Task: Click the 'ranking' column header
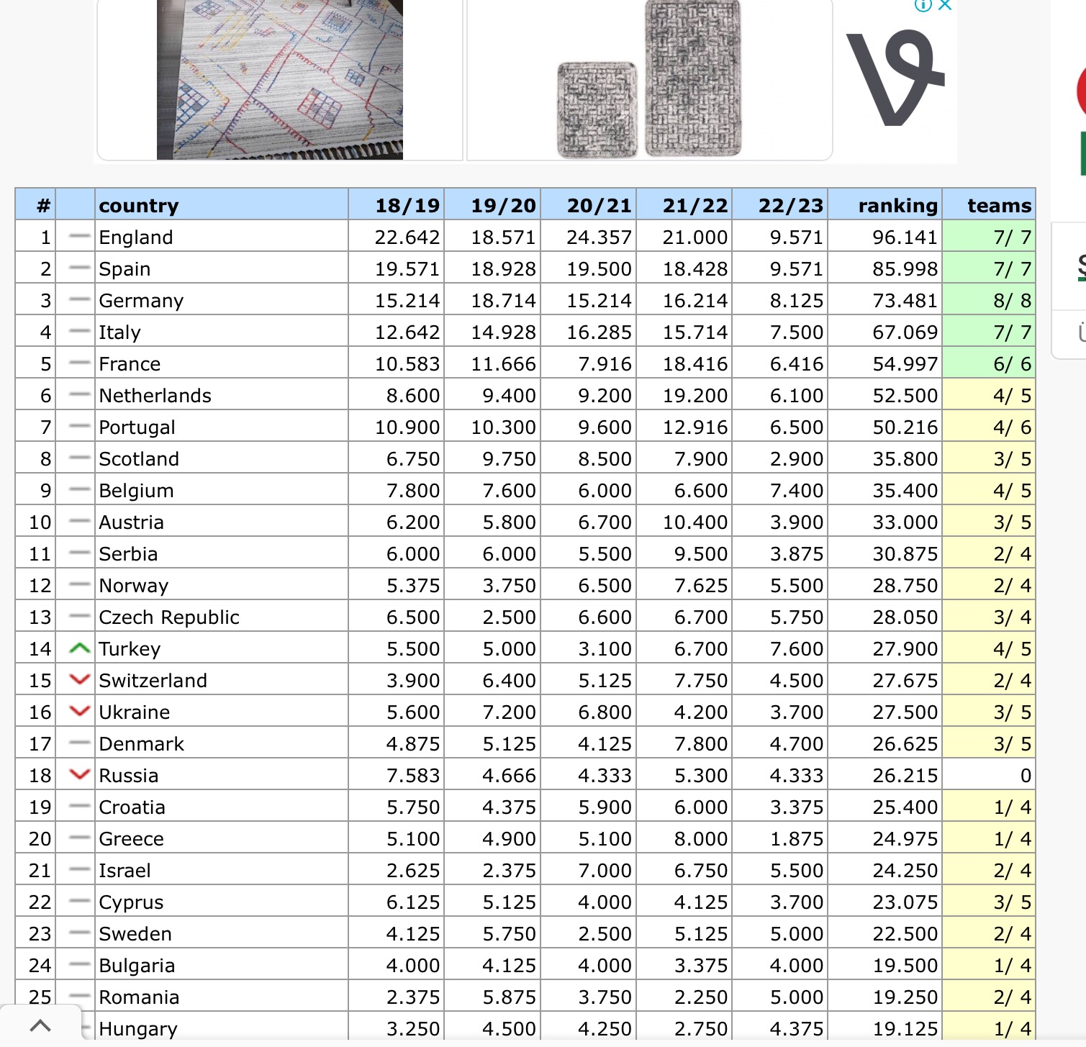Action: (897, 206)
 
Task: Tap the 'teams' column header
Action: (999, 206)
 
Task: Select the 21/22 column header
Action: (694, 206)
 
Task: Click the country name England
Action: (136, 237)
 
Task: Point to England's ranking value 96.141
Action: (905, 237)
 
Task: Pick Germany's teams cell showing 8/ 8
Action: (1012, 301)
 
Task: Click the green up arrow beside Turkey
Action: (79, 649)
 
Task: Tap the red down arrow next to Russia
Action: (79, 775)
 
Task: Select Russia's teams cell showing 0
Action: (1025, 776)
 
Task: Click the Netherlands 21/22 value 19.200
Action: (694, 396)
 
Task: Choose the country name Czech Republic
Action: (168, 617)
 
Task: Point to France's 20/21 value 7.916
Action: (605, 364)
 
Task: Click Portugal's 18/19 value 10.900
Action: (407, 427)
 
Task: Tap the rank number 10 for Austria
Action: (40, 522)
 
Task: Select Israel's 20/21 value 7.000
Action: (605, 871)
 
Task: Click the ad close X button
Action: (946, 6)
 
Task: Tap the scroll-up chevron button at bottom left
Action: (40, 1025)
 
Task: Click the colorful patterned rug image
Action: (279, 79)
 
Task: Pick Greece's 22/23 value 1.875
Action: (796, 839)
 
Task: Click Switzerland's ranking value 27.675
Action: (905, 681)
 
